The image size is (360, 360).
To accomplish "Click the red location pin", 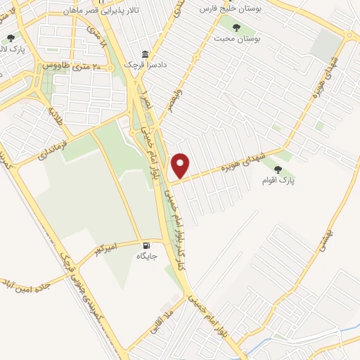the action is pyautogui.click(x=181, y=166).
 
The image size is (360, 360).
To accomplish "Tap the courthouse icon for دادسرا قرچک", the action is pyautogui.click(x=146, y=55).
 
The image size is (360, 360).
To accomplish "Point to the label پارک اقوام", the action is pyautogui.click(x=278, y=181).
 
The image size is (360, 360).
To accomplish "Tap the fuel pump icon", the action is pyautogui.click(x=146, y=245).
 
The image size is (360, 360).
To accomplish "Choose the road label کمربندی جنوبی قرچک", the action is pyautogui.click(x=83, y=285).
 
